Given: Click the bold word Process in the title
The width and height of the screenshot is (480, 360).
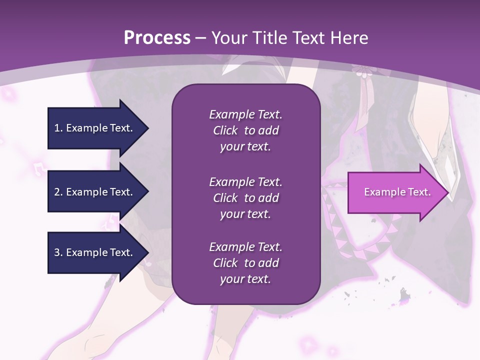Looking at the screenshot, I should coord(157,38).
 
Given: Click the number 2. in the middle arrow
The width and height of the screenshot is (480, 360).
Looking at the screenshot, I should coord(58,192).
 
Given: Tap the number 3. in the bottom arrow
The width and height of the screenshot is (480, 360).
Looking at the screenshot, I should coord(58,252).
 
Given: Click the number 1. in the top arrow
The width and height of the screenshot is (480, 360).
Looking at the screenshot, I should coord(58,128).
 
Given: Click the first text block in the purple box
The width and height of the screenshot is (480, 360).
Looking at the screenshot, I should coord(245,130).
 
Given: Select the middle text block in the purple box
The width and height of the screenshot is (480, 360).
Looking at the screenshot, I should coord(245,198).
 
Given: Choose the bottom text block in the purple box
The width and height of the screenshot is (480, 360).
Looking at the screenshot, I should coord(245,263).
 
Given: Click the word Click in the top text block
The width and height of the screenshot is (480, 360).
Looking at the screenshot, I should coord(225,130).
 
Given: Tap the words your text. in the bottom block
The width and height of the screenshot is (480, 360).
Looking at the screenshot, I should coord(245,279).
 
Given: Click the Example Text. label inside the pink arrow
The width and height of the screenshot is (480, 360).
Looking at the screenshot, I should coord(397,192).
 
